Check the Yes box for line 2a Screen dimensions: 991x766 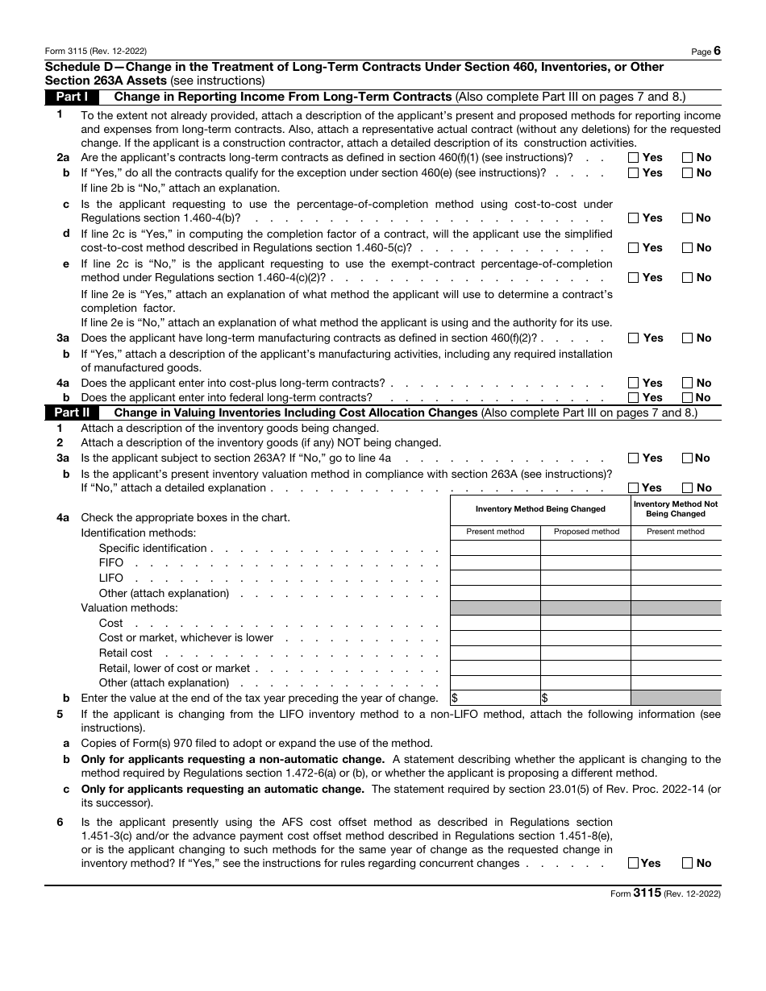[x=634, y=158]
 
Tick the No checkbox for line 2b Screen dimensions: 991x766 [x=688, y=173]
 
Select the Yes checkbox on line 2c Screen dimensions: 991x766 [x=634, y=218]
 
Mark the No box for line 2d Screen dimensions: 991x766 [x=688, y=248]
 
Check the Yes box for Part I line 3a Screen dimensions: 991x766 [x=634, y=338]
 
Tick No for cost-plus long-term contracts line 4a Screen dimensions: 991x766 [x=688, y=384]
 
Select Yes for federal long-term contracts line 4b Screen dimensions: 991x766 [x=634, y=398]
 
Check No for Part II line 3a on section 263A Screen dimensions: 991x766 [x=688, y=458]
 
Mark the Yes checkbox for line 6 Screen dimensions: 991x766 [x=634, y=864]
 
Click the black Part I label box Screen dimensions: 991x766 [x=72, y=97]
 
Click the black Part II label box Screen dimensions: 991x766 [x=72, y=413]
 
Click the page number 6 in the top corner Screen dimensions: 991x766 [x=717, y=51]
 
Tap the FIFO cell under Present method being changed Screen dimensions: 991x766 [x=495, y=563]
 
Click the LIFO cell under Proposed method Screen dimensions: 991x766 [x=585, y=578]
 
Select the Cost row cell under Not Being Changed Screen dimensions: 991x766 [x=676, y=624]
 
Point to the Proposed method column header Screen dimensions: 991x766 [x=586, y=532]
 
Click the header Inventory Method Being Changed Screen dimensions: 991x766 [x=540, y=509]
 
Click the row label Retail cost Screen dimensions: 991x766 [x=126, y=653]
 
